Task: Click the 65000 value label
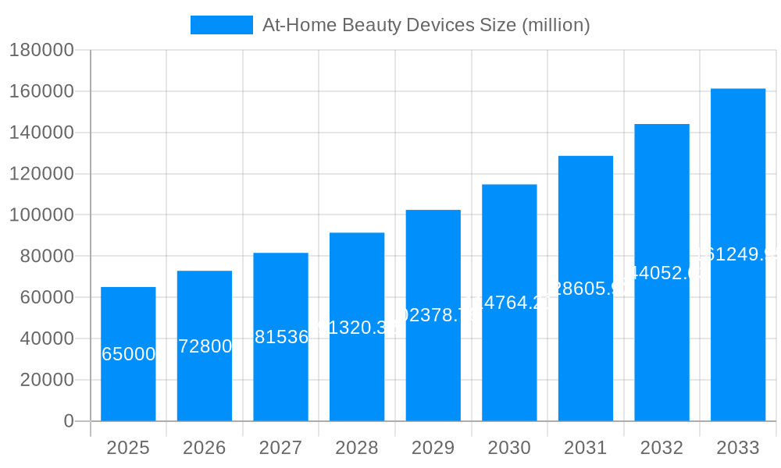tap(129, 354)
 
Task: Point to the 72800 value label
tap(205, 346)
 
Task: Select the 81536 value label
tap(281, 337)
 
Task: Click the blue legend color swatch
tap(221, 25)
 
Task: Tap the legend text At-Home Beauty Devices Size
tap(426, 25)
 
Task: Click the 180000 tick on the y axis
tap(41, 51)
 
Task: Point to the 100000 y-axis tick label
tap(41, 215)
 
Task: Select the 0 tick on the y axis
tap(68, 421)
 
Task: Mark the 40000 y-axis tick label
tap(46, 339)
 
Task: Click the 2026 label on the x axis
tap(205, 448)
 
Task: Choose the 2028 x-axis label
tap(357, 448)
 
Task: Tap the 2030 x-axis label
tap(509, 448)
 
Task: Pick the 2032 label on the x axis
tap(662, 448)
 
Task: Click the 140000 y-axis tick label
tap(41, 133)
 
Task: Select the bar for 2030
tap(509, 367)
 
